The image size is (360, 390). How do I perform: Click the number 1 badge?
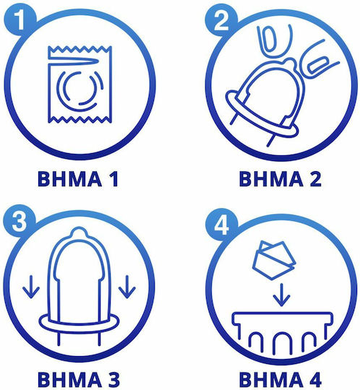pos(20,19)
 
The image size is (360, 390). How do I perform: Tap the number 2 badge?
pos(220,20)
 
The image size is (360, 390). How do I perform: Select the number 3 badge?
pos(20,221)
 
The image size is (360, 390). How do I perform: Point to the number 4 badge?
pos(221,224)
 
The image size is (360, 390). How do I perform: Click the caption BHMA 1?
pos(77,178)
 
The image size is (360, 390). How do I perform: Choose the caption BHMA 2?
pos(280,178)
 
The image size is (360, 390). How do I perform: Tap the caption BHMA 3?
pos(79,379)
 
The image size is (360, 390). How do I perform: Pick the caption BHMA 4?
pos(280,379)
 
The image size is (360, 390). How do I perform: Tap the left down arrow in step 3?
pos(31,287)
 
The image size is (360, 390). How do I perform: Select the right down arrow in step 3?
pos(127,287)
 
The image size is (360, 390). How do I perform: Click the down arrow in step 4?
pos(281,295)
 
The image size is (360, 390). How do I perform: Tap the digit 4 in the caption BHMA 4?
pos(314,379)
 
